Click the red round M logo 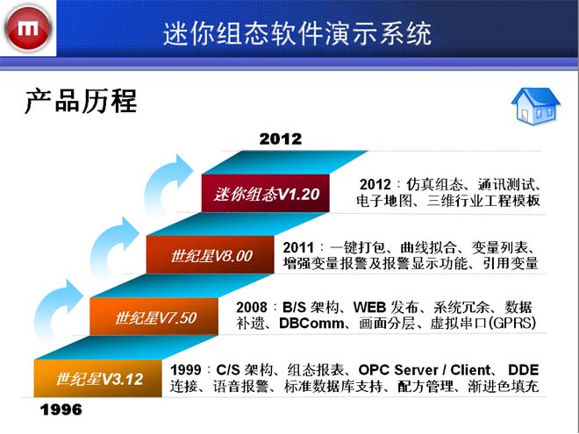[28, 28]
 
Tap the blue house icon [535, 106]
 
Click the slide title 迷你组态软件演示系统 [297, 33]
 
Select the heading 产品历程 [81, 101]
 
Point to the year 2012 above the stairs [280, 139]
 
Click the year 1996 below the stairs [61, 409]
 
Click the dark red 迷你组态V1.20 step [266, 194]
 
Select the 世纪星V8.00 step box [211, 255]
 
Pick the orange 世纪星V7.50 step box [154, 317]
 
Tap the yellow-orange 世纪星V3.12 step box [98, 379]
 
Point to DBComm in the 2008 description [311, 324]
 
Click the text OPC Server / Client [425, 370]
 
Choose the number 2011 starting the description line [298, 247]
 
